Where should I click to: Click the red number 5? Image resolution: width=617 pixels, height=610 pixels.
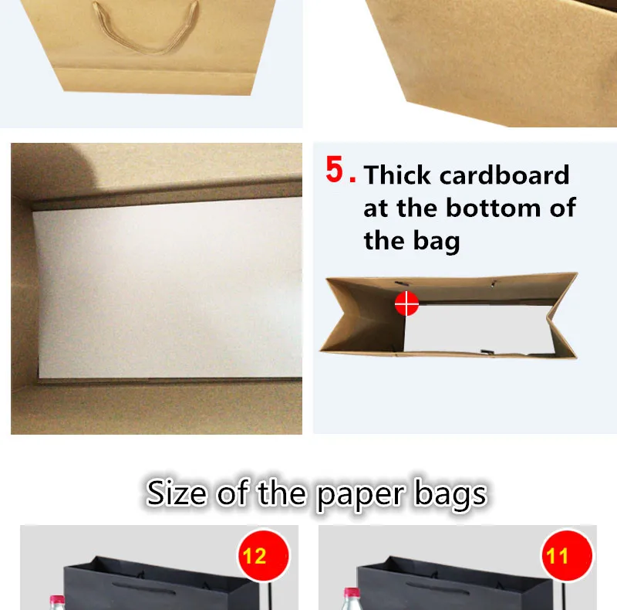tap(335, 169)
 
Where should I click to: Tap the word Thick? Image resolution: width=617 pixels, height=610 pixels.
tap(397, 175)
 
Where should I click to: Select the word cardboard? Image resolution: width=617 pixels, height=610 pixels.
tap(504, 175)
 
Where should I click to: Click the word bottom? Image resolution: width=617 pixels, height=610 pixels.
tap(494, 208)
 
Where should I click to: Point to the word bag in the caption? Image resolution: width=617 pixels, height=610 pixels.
tap(437, 241)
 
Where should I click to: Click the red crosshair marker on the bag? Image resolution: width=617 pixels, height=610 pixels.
tap(406, 303)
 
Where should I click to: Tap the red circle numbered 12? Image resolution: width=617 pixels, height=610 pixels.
tap(263, 556)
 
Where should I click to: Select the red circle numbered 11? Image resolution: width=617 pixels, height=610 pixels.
tap(567, 556)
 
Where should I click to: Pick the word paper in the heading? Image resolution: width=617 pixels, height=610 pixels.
tap(360, 495)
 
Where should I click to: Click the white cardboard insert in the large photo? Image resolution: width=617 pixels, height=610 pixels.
tap(169, 288)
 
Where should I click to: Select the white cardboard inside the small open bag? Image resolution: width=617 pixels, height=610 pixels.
tap(478, 329)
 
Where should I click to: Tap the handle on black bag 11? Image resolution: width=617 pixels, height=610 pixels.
tap(437, 588)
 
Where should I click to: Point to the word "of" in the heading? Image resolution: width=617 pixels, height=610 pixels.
tap(232, 493)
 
